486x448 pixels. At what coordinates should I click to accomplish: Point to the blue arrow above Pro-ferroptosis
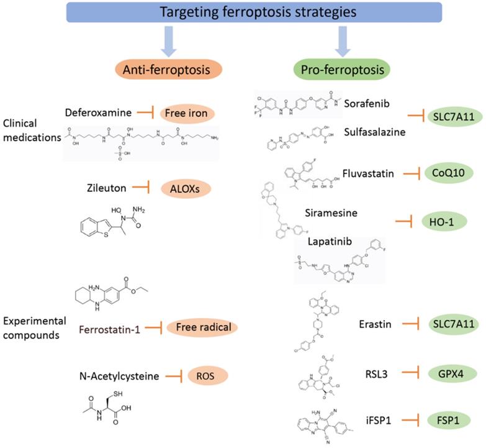tap(341, 40)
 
